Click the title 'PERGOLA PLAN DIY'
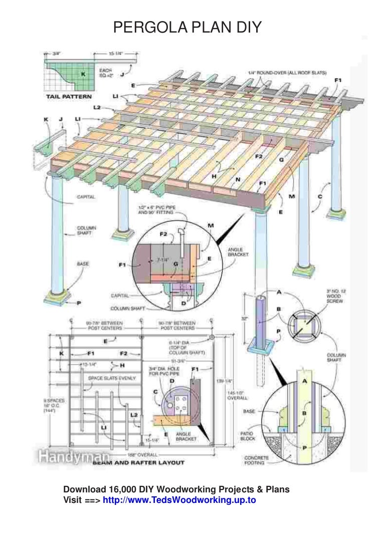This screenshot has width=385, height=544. pos(187,27)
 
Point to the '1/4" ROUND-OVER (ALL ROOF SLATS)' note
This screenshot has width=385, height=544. pos(284,73)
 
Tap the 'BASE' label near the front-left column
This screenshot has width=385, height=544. pos(83,262)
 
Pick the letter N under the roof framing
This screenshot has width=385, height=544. pos(239,179)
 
